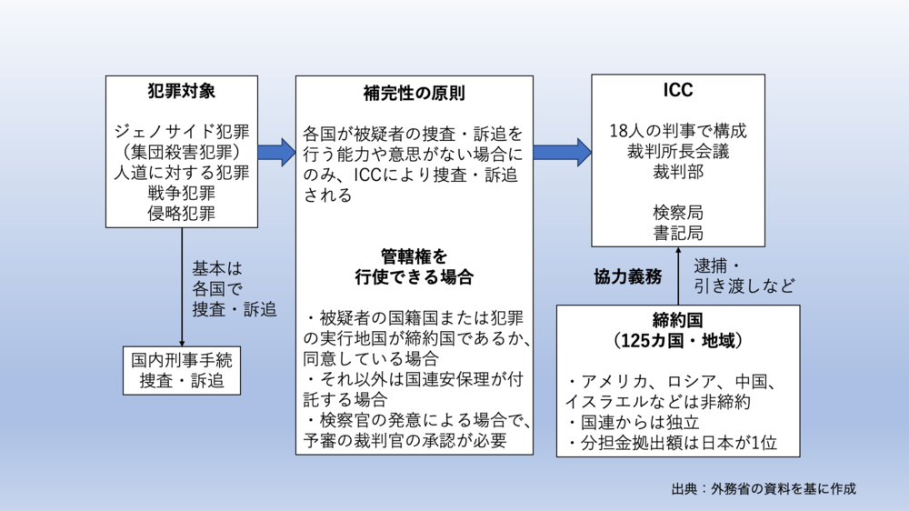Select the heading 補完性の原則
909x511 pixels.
point(414,94)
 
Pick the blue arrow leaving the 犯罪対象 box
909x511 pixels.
point(276,151)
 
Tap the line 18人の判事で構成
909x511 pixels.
point(677,130)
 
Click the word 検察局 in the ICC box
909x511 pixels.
point(677,212)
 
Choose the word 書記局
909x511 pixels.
point(677,233)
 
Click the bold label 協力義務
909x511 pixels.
point(626,276)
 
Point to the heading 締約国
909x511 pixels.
point(677,321)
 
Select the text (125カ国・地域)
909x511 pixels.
point(677,341)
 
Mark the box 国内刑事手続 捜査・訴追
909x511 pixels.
point(182,369)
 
